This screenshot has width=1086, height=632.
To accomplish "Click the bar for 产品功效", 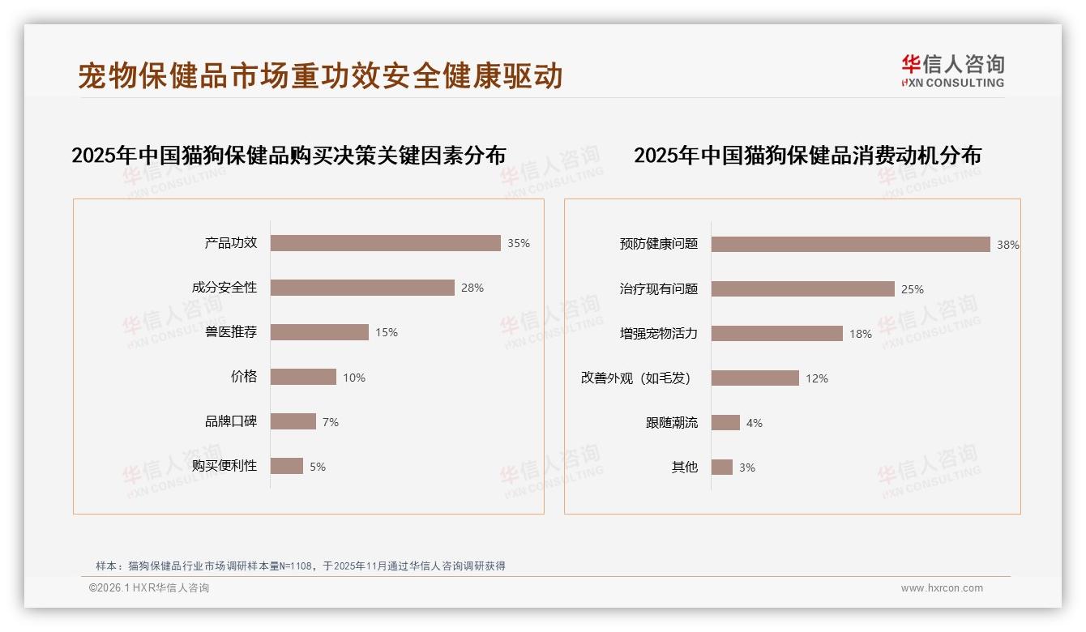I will [x=385, y=243].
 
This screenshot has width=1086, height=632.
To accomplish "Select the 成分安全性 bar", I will [x=362, y=288].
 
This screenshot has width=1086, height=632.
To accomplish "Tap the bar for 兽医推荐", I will [x=319, y=332].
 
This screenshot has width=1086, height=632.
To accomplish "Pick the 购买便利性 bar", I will [x=287, y=466].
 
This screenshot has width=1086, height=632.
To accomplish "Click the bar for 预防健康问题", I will [x=850, y=244].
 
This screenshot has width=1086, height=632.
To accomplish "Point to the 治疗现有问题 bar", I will [x=802, y=289].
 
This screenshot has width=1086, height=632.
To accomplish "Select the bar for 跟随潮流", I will [x=725, y=423].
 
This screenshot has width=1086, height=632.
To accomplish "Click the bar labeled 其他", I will [x=721, y=468].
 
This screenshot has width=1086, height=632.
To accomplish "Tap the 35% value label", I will [x=519, y=243].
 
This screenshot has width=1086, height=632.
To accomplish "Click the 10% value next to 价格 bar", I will [x=354, y=378].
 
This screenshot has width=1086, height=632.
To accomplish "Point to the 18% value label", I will [x=861, y=334].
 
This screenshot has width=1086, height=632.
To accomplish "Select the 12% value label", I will [x=817, y=378].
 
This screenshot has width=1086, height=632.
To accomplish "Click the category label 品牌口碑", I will [x=231, y=421].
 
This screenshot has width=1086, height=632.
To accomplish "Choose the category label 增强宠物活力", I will [x=659, y=333].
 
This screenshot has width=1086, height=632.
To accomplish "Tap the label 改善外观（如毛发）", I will [x=635, y=378].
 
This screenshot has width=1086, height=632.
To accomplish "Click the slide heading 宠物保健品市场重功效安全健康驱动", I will [x=320, y=76].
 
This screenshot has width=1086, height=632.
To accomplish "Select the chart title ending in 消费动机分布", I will [x=807, y=156].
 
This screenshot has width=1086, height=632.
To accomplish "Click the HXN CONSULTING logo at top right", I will [x=952, y=71].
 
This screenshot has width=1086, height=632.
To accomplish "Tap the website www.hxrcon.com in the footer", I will [x=942, y=588].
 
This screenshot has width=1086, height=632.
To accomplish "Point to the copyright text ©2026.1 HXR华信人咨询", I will [x=149, y=588].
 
